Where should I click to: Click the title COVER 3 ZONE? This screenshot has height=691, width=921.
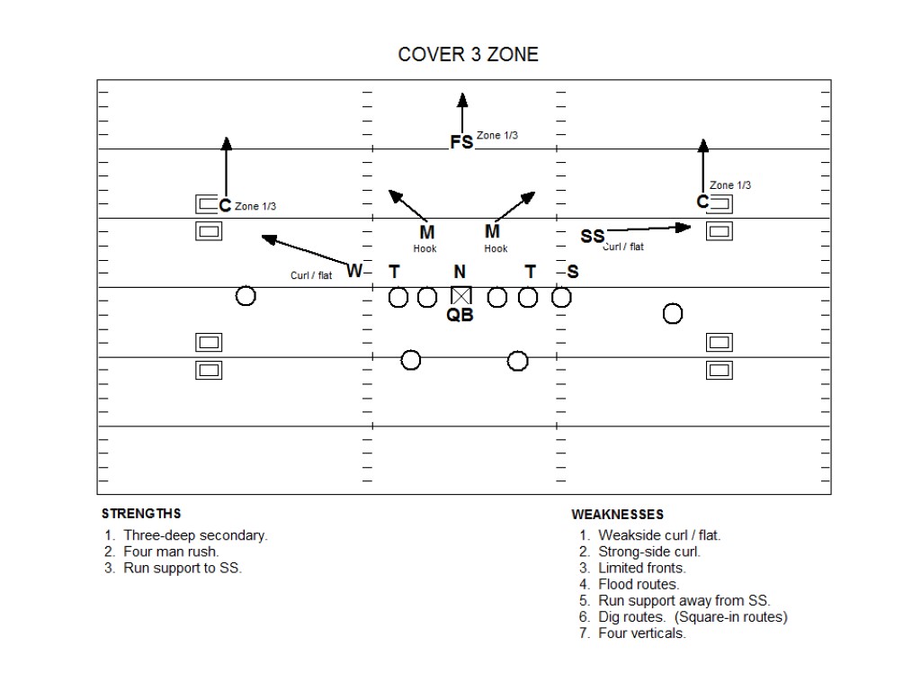point(468,55)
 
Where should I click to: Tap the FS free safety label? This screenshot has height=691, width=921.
point(461,142)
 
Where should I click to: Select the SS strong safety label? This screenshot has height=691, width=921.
point(593,237)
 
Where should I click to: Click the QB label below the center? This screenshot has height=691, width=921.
point(460,315)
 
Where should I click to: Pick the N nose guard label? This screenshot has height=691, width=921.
point(460,272)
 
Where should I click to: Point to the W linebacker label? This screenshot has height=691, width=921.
point(354,271)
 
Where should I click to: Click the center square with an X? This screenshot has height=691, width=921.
point(460,295)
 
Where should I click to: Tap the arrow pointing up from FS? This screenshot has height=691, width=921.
point(461,112)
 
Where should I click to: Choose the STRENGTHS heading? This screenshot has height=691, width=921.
point(141,514)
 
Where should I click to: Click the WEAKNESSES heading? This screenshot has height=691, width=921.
point(618,515)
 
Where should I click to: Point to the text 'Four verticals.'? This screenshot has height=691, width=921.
point(641,633)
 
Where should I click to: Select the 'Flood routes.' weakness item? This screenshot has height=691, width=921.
point(639,584)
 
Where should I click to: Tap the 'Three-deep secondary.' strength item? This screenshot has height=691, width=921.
point(195,535)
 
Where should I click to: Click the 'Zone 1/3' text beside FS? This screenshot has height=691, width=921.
point(497,135)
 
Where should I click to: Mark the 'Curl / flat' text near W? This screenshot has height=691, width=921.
point(311,275)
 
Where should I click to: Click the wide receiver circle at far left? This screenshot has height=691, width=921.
point(246,295)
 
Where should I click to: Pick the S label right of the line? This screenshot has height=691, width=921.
point(573,272)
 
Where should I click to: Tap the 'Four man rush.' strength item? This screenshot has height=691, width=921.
point(171,552)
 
